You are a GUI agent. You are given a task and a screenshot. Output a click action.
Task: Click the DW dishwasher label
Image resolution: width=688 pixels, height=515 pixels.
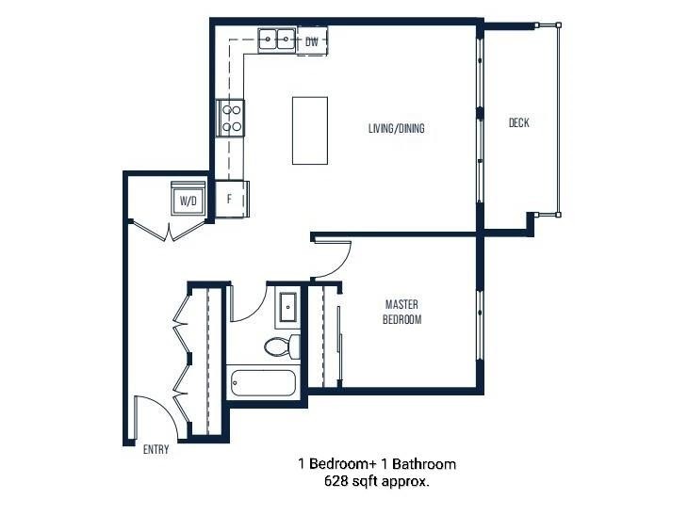tap(312, 41)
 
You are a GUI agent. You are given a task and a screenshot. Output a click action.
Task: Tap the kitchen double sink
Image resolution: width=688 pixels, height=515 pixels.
tap(274, 40)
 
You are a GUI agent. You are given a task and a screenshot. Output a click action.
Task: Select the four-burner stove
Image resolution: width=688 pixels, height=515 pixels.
tap(231, 118)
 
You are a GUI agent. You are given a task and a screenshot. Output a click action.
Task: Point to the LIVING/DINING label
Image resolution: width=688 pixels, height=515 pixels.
tap(396, 128)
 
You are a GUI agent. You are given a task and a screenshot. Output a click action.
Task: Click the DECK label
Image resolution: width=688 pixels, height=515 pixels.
tap(518, 123)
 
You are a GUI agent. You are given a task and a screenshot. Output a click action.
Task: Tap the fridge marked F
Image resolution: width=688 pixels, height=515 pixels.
tap(230, 199)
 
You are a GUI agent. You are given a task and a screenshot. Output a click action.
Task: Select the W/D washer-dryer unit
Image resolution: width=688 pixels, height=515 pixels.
tap(188, 201)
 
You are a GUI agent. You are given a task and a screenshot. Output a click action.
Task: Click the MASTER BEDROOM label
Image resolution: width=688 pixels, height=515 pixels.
tap(401, 312)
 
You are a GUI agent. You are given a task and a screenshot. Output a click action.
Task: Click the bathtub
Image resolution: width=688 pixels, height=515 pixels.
tap(263, 384)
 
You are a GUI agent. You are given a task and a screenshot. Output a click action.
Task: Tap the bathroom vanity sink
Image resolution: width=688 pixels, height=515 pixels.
tap(287, 308)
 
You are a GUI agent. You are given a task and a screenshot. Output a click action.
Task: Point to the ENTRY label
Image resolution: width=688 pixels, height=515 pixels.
tap(156, 449)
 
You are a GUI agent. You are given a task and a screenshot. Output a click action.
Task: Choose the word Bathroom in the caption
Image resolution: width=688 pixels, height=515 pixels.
tap(423, 464)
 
